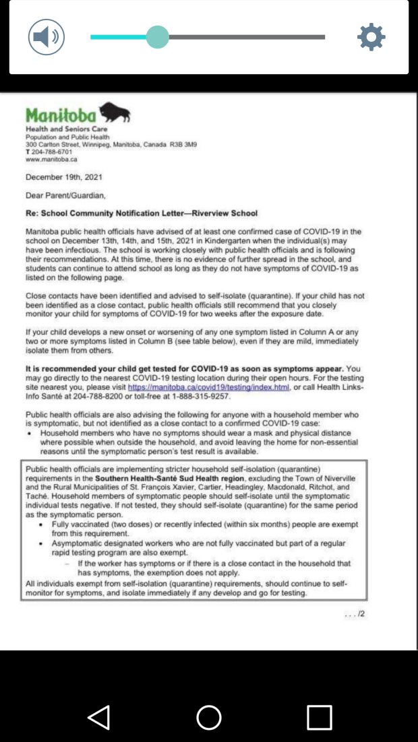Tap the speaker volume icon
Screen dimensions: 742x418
(x=46, y=37)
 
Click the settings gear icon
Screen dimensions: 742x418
(x=371, y=37)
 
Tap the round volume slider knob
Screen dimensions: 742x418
(x=157, y=37)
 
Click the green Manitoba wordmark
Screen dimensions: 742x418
(x=61, y=115)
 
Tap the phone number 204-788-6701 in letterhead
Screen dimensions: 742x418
(x=53, y=152)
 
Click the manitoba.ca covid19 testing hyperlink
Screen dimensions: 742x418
(x=208, y=388)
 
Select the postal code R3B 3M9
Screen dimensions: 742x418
(x=183, y=145)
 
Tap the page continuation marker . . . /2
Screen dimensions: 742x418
(x=355, y=613)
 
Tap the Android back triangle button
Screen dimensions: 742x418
(x=98, y=717)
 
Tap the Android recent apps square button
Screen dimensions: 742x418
(x=319, y=717)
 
